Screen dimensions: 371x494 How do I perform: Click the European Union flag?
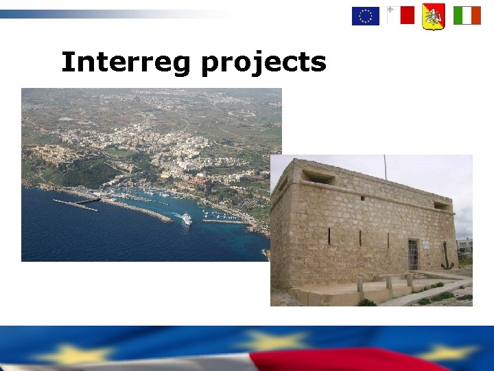pos(366,15)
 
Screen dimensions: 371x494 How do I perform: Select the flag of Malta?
pos(401,15)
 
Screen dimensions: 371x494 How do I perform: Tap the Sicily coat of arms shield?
pos(434,16)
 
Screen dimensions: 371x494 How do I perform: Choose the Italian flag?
pos(467,15)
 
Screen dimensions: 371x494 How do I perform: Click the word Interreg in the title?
pos(125,63)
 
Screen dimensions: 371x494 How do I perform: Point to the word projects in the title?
pos(263,64)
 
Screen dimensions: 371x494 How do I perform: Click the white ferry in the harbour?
pos(186,218)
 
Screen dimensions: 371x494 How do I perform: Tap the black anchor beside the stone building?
pos(447,257)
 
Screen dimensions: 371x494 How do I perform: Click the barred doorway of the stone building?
pos(414,254)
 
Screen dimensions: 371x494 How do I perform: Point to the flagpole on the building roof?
pos(385,167)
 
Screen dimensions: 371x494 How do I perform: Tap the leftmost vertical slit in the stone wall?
pos(329,236)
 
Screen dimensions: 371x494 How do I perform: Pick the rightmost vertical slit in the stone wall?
pos(388,240)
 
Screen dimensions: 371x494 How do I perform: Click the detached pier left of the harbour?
pos(75,204)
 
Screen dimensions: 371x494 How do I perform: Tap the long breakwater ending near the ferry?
pos(137,210)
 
